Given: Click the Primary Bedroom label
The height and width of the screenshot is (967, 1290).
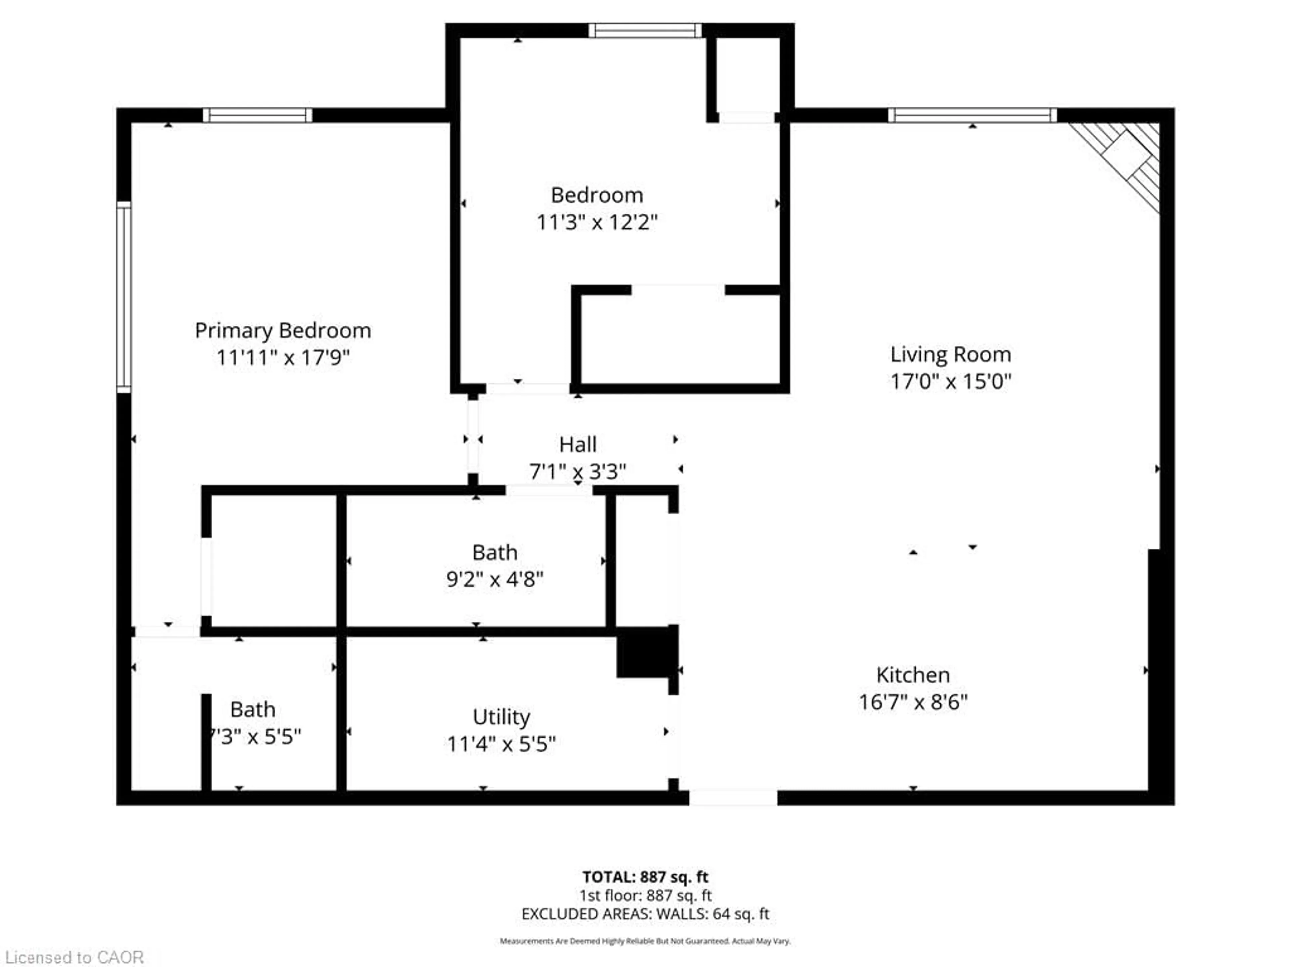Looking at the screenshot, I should (283, 330).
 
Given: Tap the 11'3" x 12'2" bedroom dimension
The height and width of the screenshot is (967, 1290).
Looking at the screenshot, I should (597, 222).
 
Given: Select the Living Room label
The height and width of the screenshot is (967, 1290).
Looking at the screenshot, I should (950, 354).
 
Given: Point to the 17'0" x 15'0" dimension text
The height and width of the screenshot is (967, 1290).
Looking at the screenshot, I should (950, 381).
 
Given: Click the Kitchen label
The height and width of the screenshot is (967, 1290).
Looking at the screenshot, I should (913, 675).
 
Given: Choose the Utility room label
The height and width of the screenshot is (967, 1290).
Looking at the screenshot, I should (501, 717).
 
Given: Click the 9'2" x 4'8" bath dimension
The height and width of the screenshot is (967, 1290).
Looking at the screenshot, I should (494, 580).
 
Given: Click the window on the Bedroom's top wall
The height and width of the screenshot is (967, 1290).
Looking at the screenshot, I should (645, 30).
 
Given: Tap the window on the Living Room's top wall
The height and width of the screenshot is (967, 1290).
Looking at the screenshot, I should (972, 115).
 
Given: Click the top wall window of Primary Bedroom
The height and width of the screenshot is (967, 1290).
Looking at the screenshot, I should (257, 115).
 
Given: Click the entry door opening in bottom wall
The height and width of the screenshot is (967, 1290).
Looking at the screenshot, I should (733, 797).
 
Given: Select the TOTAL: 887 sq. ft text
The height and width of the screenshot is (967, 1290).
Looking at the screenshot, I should (645, 877).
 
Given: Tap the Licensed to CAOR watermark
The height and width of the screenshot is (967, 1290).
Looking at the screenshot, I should (74, 957).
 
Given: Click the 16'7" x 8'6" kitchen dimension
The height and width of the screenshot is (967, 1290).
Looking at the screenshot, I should (913, 702).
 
